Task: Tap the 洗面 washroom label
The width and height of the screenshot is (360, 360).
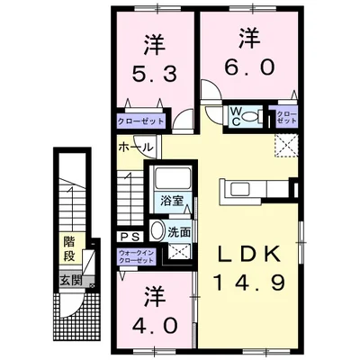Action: [x=179, y=232]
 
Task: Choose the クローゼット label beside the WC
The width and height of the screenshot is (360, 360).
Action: [x=285, y=116]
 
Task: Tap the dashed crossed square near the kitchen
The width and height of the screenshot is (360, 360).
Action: [x=286, y=144]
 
